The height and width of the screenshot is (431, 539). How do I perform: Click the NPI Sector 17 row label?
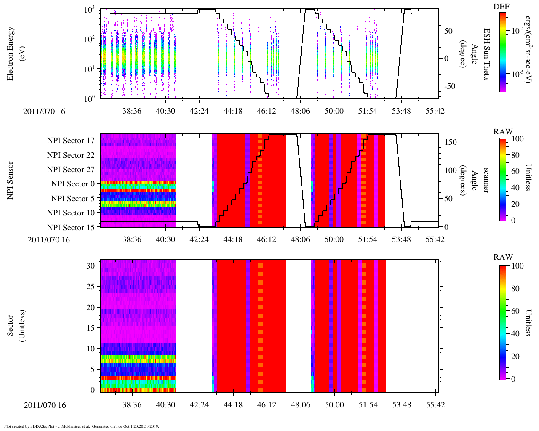pyautogui.click(x=71, y=141)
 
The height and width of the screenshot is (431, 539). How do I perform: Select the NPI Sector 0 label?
pyautogui.click(x=73, y=184)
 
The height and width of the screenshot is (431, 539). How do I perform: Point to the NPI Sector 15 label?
pyautogui.click(x=71, y=228)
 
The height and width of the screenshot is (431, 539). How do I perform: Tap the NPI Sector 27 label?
pyautogui.click(x=71, y=170)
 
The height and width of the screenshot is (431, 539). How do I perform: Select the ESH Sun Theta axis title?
pyautogui.click(x=486, y=54)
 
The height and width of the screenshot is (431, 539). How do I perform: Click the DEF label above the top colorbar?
pyautogui.click(x=501, y=7)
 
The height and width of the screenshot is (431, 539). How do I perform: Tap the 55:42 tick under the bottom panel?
pyautogui.click(x=435, y=405)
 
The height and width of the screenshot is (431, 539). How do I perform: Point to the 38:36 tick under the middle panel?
pyautogui.click(x=132, y=239)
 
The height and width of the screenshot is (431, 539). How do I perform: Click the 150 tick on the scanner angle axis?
pyautogui.click(x=451, y=142)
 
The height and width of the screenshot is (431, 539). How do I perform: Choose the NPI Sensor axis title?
pyautogui.click(x=11, y=180)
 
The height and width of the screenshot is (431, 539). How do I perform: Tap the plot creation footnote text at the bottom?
pyautogui.click(x=81, y=426)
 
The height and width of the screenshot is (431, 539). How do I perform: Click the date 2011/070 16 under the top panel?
pyautogui.click(x=44, y=112)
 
